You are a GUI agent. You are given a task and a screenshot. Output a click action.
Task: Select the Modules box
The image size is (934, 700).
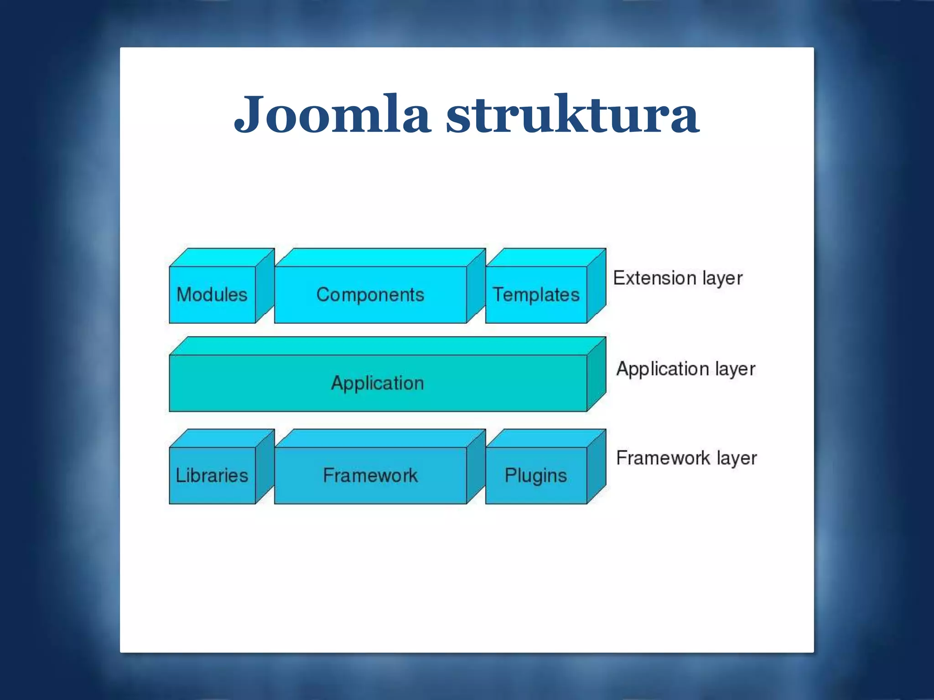(x=212, y=295)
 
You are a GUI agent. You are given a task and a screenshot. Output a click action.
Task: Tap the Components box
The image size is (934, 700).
(x=370, y=295)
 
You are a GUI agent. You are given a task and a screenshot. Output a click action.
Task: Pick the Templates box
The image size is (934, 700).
(x=536, y=295)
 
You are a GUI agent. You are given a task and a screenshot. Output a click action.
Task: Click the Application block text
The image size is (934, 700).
(x=378, y=383)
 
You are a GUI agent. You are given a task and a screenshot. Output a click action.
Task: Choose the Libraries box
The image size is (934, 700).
(x=212, y=476)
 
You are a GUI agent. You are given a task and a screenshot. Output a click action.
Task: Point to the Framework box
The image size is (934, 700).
(x=370, y=476)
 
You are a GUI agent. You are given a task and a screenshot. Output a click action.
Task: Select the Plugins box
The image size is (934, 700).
(x=536, y=476)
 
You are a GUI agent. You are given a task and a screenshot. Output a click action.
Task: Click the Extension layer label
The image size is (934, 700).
(x=678, y=278)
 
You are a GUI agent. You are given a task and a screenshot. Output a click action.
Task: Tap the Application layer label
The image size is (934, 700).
(x=685, y=369)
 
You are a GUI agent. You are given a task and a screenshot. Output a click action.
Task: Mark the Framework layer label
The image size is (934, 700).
(x=686, y=458)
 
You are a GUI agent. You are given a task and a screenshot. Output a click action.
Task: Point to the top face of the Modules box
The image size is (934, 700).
(x=222, y=257)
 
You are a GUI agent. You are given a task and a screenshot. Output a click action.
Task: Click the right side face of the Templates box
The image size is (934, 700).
(x=597, y=286)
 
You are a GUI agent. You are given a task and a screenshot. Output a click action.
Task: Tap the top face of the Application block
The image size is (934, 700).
(x=388, y=346)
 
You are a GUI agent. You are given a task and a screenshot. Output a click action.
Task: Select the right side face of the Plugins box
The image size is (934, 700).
(x=597, y=467)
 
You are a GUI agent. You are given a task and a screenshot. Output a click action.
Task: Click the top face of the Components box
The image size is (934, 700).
(x=380, y=257)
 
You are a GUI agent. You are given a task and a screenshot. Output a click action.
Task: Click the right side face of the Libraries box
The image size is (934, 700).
(x=265, y=467)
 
